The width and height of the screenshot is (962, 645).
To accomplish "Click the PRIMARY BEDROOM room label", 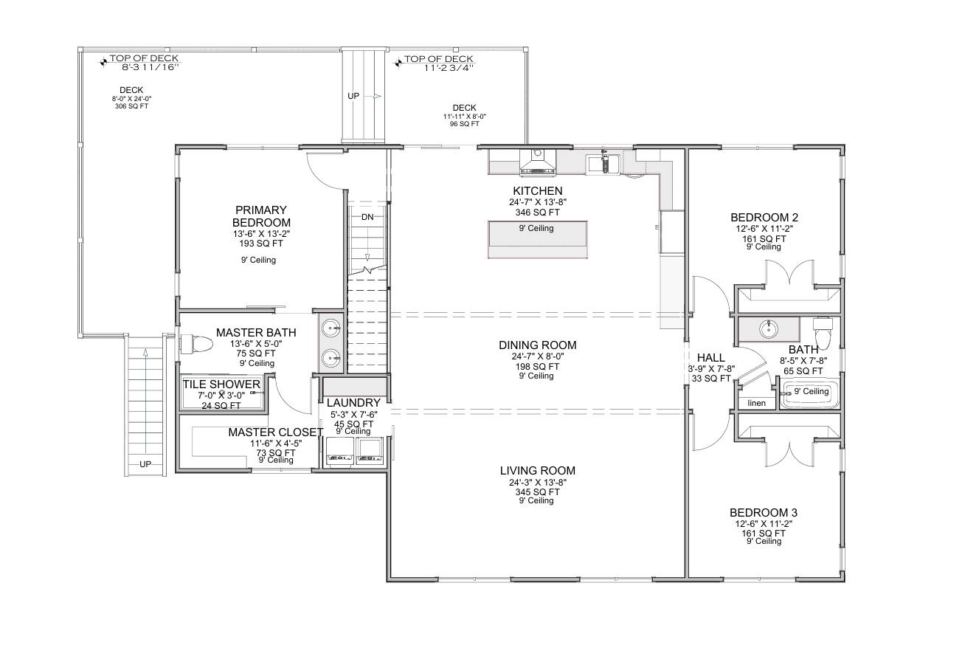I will [261, 216].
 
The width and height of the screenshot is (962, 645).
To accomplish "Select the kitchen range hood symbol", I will [538, 162].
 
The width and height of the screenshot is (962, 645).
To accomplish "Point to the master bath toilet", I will [196, 344].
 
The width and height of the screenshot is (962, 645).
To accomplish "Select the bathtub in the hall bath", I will [810, 395].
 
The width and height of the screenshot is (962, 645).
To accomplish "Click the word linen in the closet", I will [757, 403].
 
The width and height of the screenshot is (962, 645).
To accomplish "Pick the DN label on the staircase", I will [367, 218].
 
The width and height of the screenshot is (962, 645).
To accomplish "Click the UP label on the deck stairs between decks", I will [353, 96].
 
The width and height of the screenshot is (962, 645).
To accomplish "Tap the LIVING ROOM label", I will [537, 471].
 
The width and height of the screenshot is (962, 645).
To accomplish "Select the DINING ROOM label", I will [537, 345].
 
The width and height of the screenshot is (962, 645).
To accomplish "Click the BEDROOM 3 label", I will [763, 513].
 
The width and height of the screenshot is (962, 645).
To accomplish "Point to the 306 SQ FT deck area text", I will [131, 106].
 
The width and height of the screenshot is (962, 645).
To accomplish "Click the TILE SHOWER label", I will [221, 384].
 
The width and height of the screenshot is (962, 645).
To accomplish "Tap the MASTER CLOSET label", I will [275, 432].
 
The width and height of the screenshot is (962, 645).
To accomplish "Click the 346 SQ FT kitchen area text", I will [537, 212].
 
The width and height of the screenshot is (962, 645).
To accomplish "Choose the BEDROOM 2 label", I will [764, 218].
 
